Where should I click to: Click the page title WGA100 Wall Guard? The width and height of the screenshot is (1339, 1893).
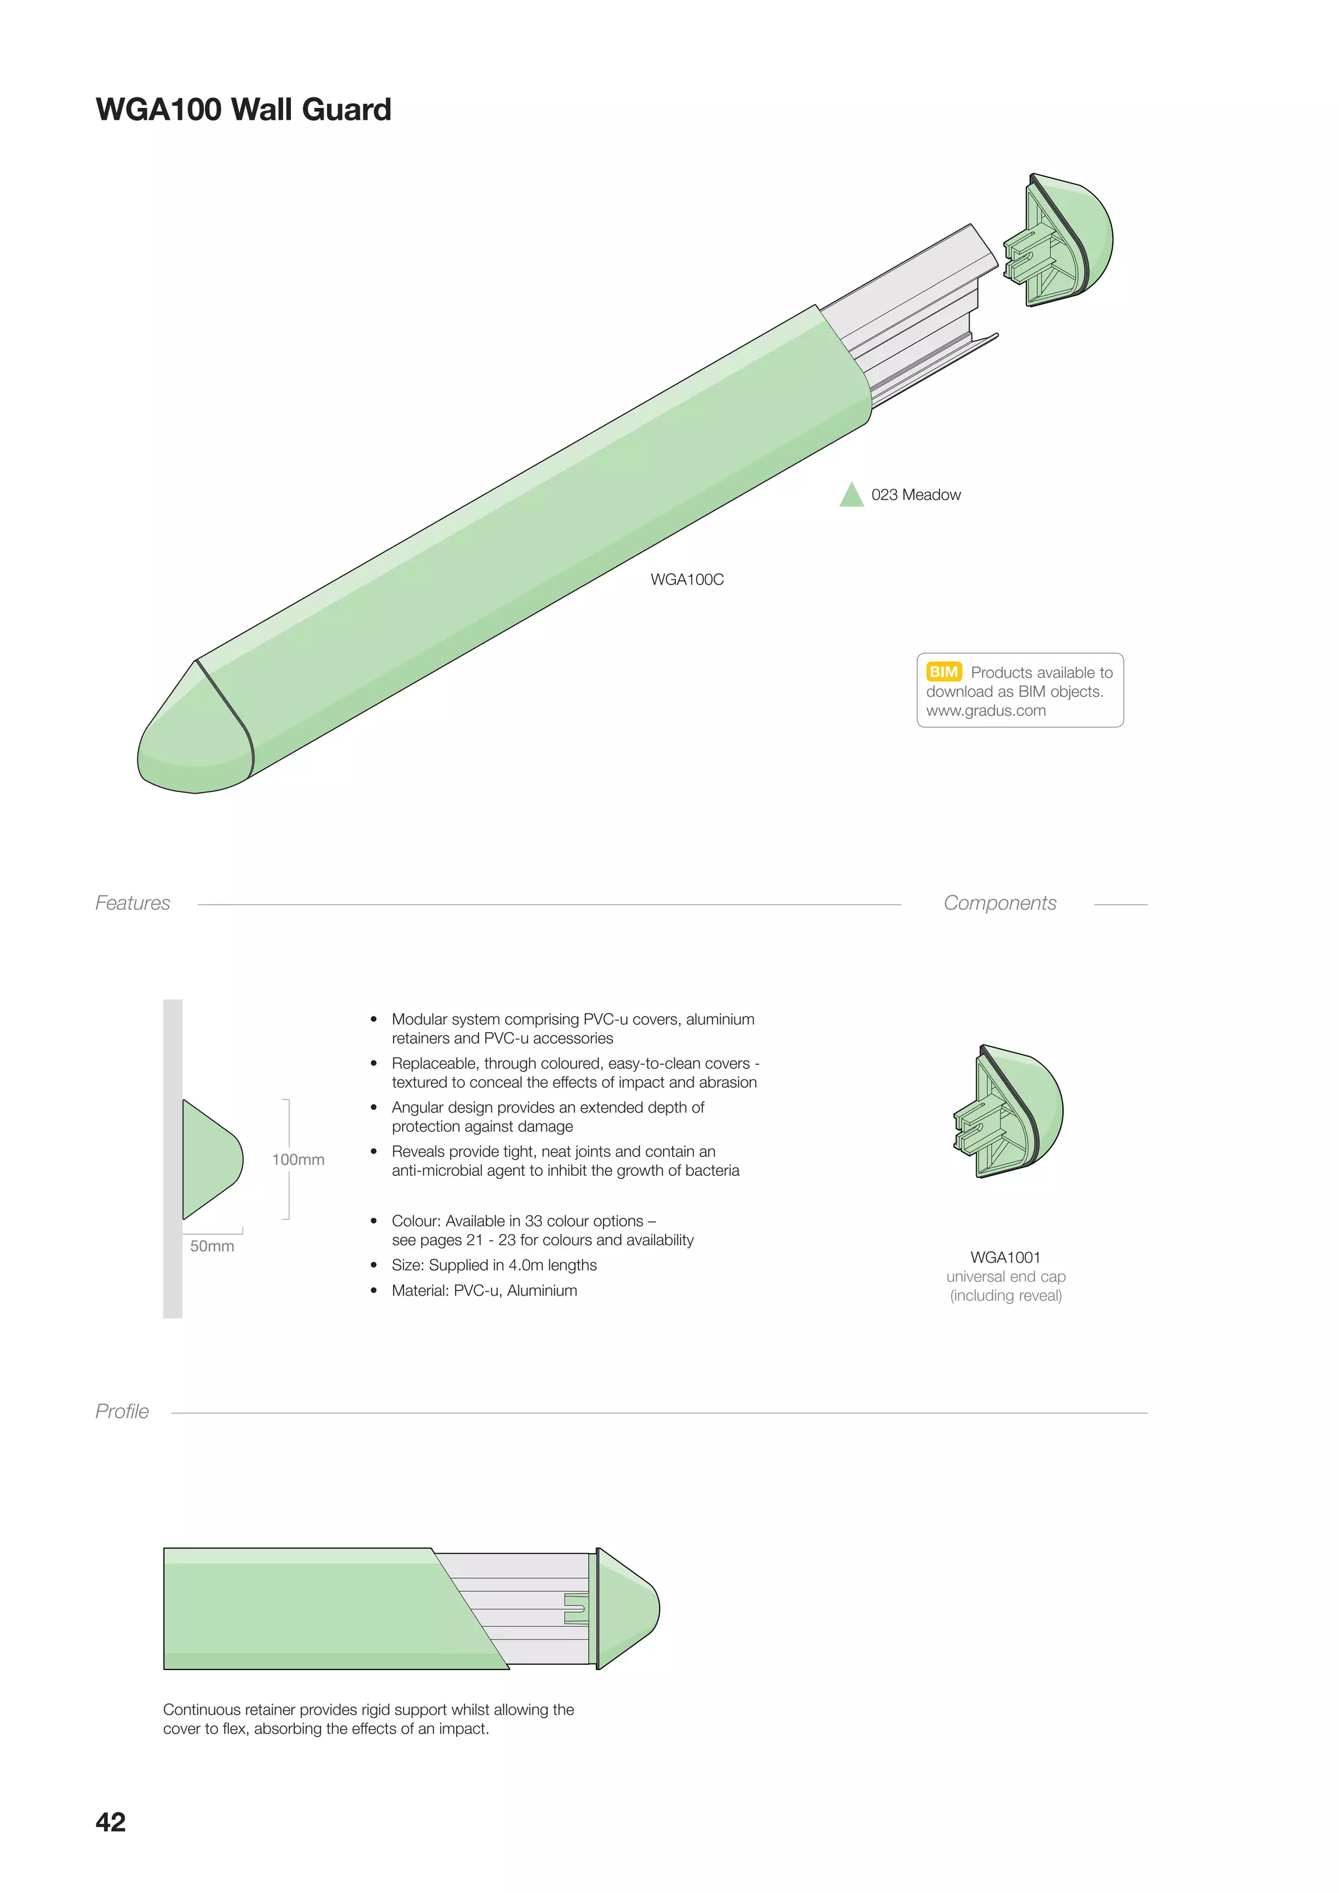pyautogui.click(x=243, y=110)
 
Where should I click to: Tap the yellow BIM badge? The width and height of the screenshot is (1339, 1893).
pyautogui.click(x=943, y=671)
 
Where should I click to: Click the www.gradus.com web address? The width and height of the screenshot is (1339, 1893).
pyautogui.click(x=985, y=711)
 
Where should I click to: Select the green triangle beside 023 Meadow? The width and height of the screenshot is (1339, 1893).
pyautogui.click(x=851, y=496)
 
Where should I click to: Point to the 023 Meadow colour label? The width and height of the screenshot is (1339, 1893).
pyautogui.click(x=915, y=495)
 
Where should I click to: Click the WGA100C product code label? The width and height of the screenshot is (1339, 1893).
pyautogui.click(x=686, y=580)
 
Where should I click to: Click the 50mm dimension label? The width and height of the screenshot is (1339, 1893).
pyautogui.click(x=212, y=1246)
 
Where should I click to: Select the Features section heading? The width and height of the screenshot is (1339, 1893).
pyautogui.click(x=133, y=903)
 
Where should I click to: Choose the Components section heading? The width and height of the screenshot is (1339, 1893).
pyautogui.click(x=999, y=903)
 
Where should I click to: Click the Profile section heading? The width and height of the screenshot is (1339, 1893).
pyautogui.click(x=122, y=1411)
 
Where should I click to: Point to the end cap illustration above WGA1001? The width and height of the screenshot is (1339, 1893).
pyautogui.click(x=1010, y=1111)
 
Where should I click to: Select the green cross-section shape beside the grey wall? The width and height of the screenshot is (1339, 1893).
pyautogui.click(x=211, y=1159)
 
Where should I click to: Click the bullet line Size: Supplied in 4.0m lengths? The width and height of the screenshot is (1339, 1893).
pyautogui.click(x=494, y=1265)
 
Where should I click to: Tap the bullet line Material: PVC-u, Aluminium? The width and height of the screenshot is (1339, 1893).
pyautogui.click(x=484, y=1290)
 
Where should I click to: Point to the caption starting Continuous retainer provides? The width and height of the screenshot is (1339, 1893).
pyautogui.click(x=369, y=1719)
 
